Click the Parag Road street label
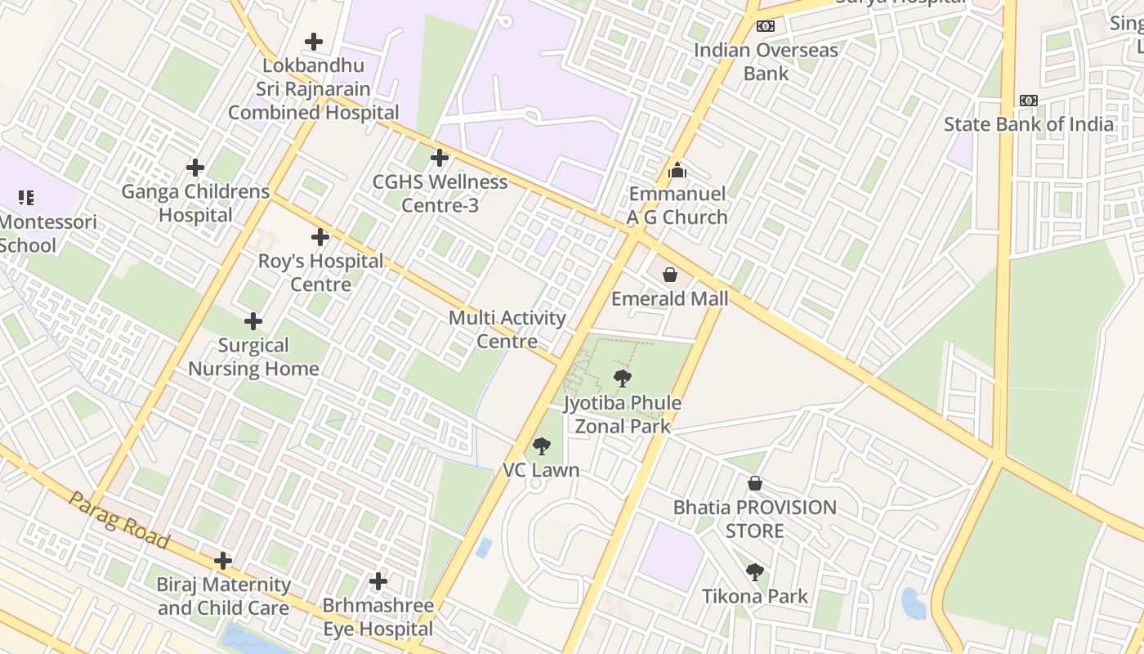click(x=119, y=520)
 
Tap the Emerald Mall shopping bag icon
click(x=670, y=275)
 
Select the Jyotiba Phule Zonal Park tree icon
click(x=623, y=379)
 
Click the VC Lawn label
click(x=541, y=470)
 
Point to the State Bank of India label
click(x=1028, y=124)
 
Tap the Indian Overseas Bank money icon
click(x=766, y=26)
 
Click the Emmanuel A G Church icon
click(x=677, y=170)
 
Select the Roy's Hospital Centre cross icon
click(x=320, y=237)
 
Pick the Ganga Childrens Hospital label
click(x=195, y=203)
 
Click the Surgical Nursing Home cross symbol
click(x=253, y=321)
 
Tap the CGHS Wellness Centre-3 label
click(x=440, y=193)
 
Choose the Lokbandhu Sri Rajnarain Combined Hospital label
click(x=313, y=89)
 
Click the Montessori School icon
click(x=26, y=197)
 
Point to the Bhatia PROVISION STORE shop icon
click(x=755, y=483)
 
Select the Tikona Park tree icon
click(x=755, y=572)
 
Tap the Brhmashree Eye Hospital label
click(x=378, y=617)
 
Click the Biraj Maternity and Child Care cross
click(x=223, y=561)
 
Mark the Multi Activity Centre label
click(x=507, y=329)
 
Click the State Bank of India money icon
click(x=1028, y=101)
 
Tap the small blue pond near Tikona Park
click(x=913, y=603)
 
